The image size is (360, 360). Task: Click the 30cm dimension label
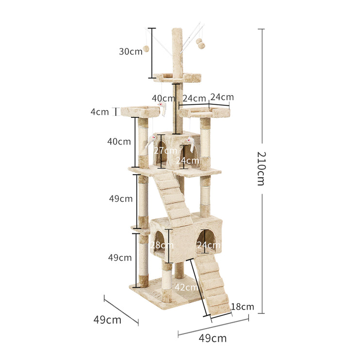pos(131,51)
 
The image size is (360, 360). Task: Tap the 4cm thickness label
pos(99,112)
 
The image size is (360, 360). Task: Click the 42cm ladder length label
pos(186,287)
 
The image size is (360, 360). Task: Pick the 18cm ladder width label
pos(242,306)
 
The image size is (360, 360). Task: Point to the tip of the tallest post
pos(177,31)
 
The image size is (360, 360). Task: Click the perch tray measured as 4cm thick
pos(140,112)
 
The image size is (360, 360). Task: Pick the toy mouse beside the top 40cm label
pos(164,108)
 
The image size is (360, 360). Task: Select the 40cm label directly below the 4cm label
pos(119,142)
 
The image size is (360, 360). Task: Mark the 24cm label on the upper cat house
pos(188,160)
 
